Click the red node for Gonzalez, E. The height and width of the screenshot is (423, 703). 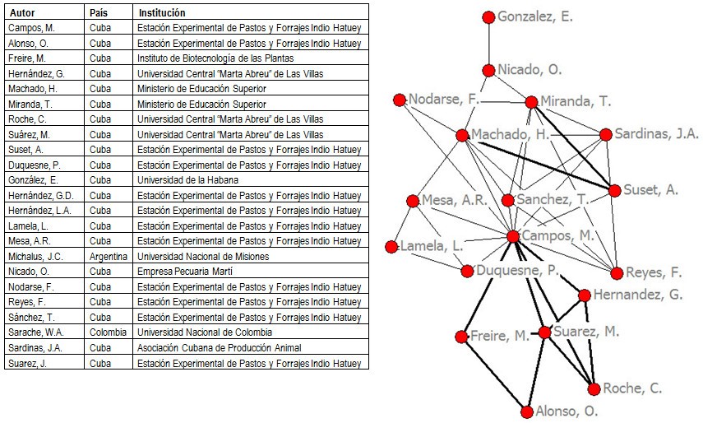pyautogui.click(x=488, y=17)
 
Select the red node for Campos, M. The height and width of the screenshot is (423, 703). pyautogui.click(x=513, y=236)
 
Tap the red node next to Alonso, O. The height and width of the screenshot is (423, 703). pyautogui.click(x=526, y=411)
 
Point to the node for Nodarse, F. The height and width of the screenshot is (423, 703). pyautogui.click(x=400, y=100)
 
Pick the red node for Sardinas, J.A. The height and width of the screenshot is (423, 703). pyautogui.click(x=606, y=134)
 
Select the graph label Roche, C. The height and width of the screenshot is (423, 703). pyautogui.click(x=632, y=388)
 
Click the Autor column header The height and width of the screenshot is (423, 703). pyautogui.click(x=21, y=13)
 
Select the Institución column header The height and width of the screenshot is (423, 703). pyautogui.click(x=162, y=13)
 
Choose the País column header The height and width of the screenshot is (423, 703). pyautogui.click(x=99, y=13)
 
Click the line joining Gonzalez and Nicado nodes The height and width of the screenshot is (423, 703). pyautogui.click(x=488, y=44)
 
